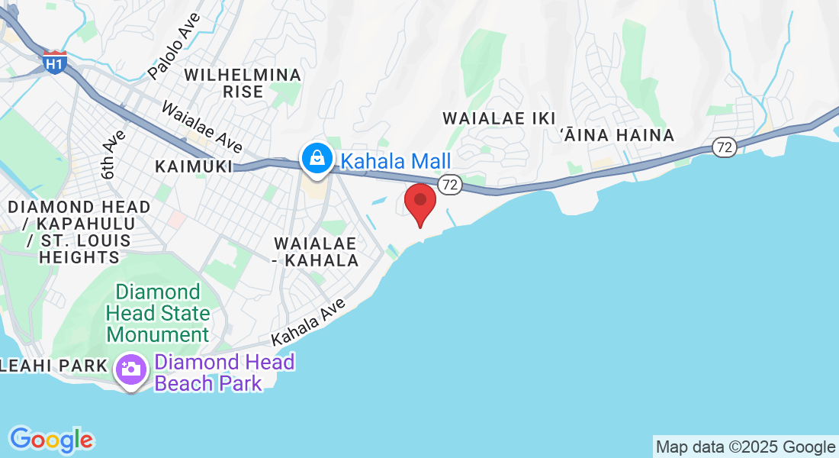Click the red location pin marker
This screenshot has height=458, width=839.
(x=419, y=202)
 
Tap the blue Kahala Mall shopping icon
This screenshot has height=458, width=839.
(x=315, y=158)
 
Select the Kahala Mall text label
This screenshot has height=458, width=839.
(x=395, y=161)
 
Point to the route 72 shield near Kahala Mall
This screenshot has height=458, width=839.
(x=450, y=183)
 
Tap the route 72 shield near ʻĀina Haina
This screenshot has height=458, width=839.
(x=725, y=147)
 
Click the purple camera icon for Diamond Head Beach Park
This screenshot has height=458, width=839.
(x=131, y=369)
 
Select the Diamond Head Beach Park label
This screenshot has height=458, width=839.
(x=224, y=373)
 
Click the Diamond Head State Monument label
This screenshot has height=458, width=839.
(x=158, y=313)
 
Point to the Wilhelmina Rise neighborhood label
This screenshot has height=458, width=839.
(x=243, y=83)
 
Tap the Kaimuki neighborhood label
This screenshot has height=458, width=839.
(x=193, y=166)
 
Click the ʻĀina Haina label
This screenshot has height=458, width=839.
(x=617, y=135)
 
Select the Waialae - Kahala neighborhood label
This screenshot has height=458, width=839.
(x=317, y=252)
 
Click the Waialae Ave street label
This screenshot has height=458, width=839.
(x=202, y=127)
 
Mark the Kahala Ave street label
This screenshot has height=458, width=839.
(x=303, y=325)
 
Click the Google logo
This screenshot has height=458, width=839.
(x=51, y=440)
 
